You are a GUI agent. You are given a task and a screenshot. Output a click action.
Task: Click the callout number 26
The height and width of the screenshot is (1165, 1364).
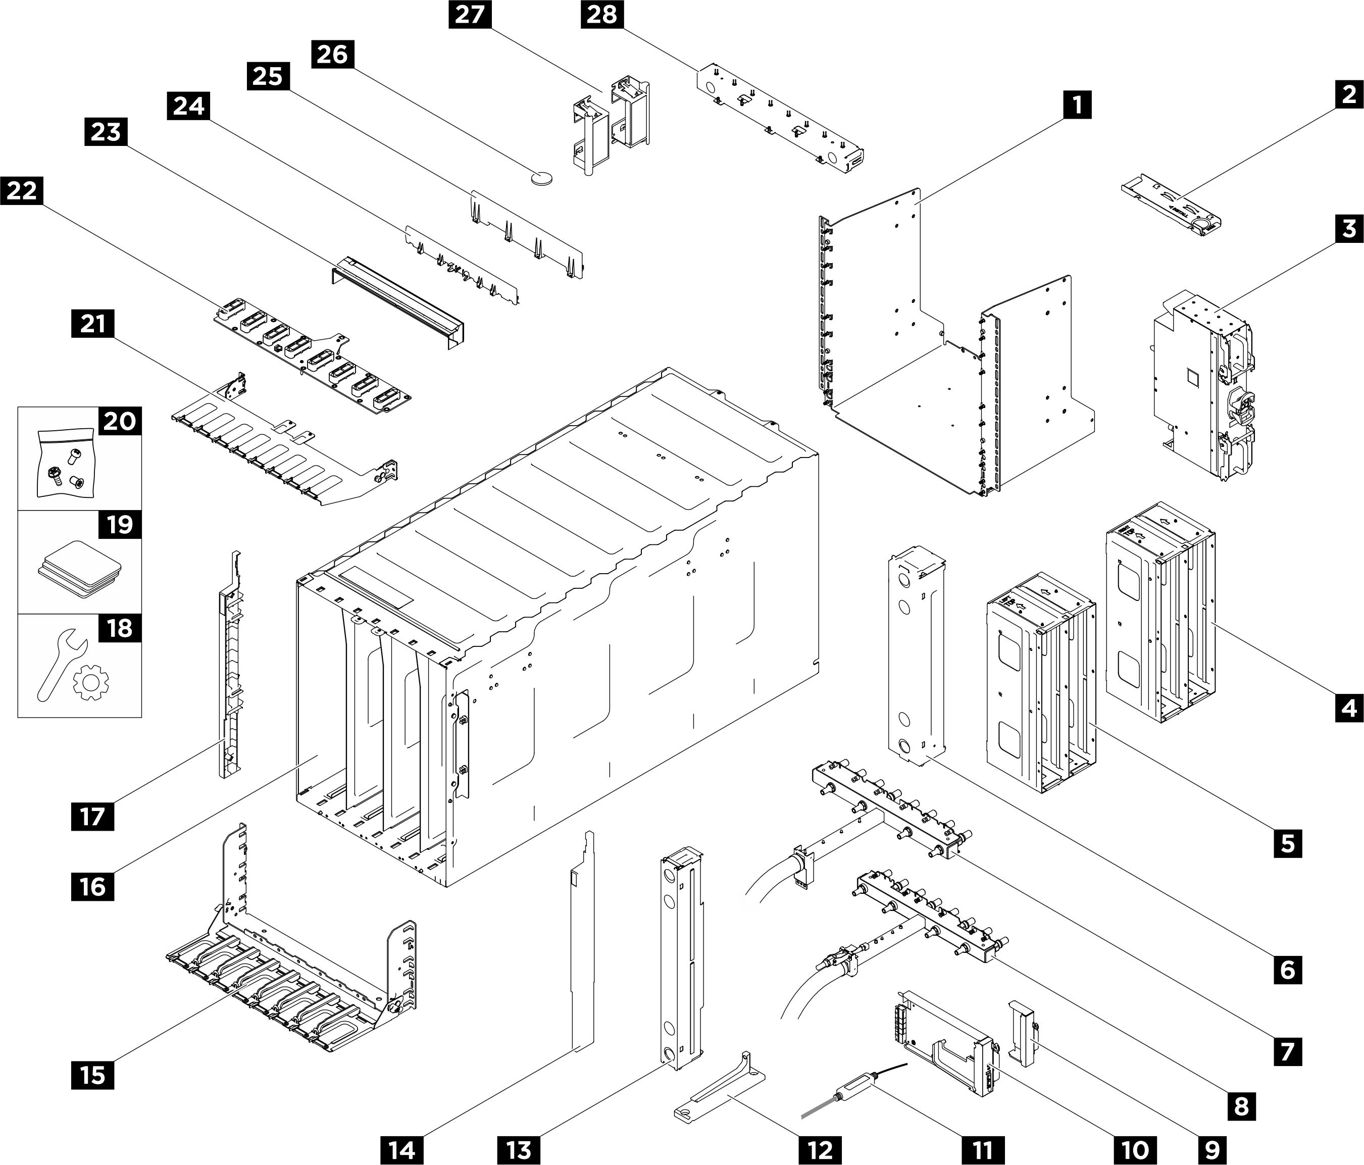point(332,54)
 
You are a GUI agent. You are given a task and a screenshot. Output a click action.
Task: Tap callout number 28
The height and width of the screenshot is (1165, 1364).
point(601,15)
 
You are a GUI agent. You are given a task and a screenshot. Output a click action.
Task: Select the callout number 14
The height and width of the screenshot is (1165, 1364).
point(402,1150)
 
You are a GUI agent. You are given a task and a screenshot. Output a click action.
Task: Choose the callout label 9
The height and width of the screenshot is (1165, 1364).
point(1212,1150)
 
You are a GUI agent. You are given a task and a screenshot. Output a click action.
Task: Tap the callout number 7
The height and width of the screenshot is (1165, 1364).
point(1287,1051)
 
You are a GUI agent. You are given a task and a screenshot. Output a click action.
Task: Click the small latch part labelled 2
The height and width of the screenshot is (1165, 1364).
point(1173,208)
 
